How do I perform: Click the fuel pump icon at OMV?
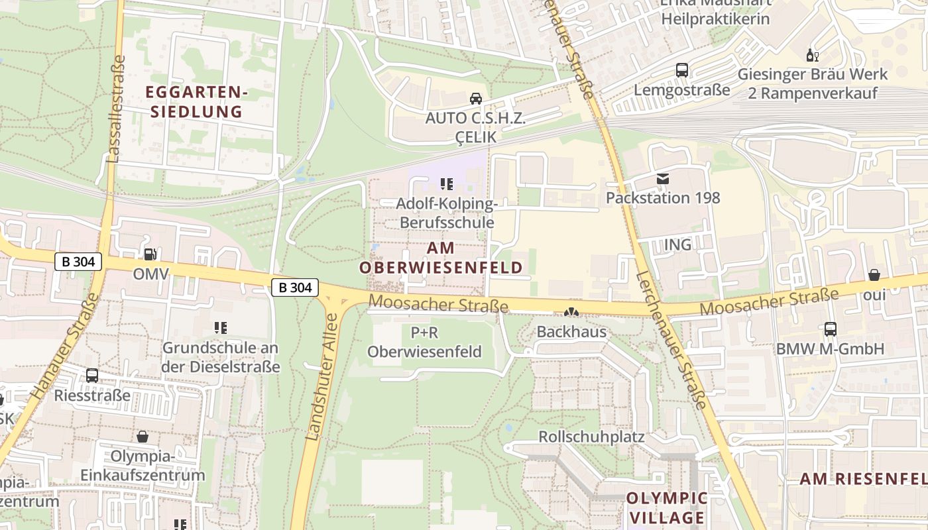150,254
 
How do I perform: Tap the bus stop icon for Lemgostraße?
681,70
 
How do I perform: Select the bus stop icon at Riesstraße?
92,376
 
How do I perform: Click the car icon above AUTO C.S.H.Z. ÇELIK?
475,99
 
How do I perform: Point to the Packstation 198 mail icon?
662,178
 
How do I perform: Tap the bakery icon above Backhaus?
571,312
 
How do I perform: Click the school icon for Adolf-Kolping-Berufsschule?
447,184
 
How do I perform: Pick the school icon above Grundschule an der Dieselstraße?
221,327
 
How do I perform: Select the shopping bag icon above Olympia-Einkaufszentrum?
142,437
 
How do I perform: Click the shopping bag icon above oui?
874,275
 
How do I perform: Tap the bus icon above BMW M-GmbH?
830,329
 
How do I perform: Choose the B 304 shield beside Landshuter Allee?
295,288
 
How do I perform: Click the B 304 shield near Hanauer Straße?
78,262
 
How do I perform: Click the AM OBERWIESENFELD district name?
441,258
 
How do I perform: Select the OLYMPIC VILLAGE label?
667,507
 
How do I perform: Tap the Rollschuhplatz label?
591,437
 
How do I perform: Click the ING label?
677,244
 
